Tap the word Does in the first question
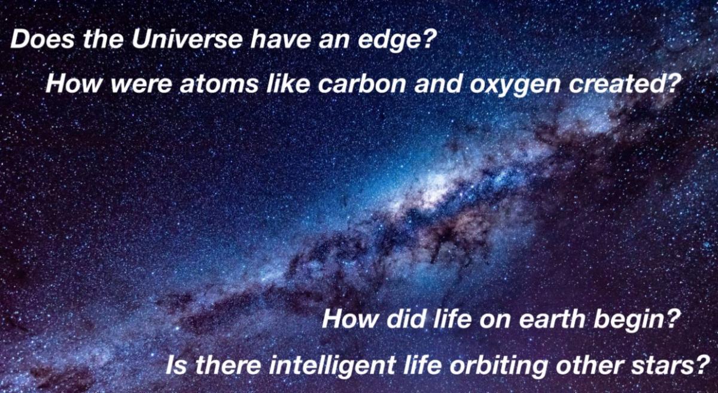[43, 40]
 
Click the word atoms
[218, 84]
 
